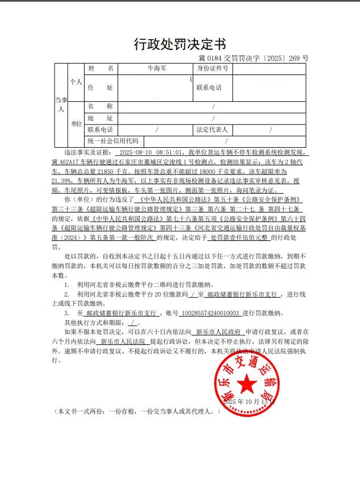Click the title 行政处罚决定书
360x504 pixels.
click(179, 45)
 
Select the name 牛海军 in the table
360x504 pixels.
click(156, 69)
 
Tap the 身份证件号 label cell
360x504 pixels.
click(213, 69)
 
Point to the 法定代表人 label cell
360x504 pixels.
click(212, 130)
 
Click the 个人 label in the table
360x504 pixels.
click(76, 82)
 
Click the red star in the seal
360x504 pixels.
click(246, 385)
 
